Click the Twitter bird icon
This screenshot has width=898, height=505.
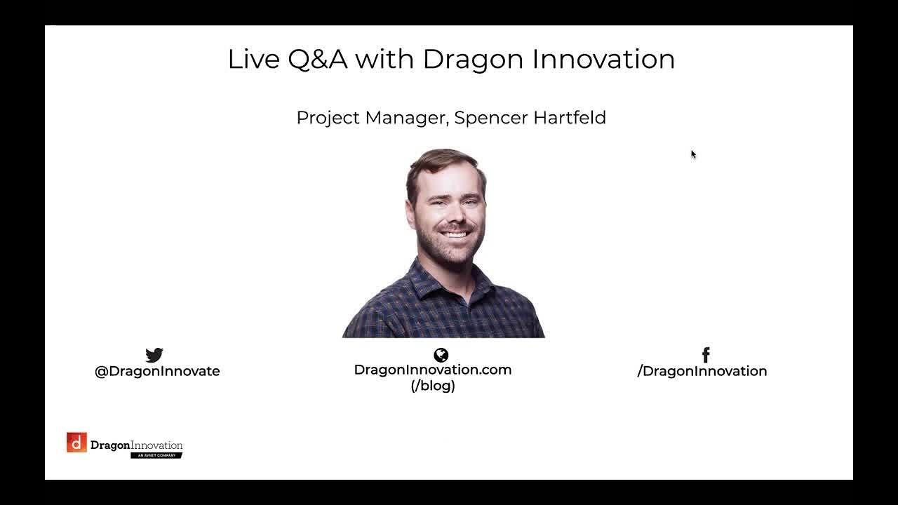(x=154, y=355)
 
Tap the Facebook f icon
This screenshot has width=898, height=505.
(x=706, y=355)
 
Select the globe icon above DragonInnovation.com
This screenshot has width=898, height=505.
(x=441, y=355)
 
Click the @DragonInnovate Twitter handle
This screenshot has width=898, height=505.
(x=157, y=371)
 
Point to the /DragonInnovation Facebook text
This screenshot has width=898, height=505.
(x=702, y=371)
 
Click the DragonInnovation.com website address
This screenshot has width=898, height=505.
(x=432, y=370)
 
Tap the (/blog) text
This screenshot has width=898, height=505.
(x=433, y=386)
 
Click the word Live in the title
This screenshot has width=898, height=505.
(x=253, y=59)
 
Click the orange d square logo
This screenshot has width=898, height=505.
(x=76, y=443)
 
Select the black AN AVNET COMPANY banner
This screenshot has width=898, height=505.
(x=156, y=455)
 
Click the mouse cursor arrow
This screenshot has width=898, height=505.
(x=692, y=154)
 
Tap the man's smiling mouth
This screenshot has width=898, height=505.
(x=455, y=234)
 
